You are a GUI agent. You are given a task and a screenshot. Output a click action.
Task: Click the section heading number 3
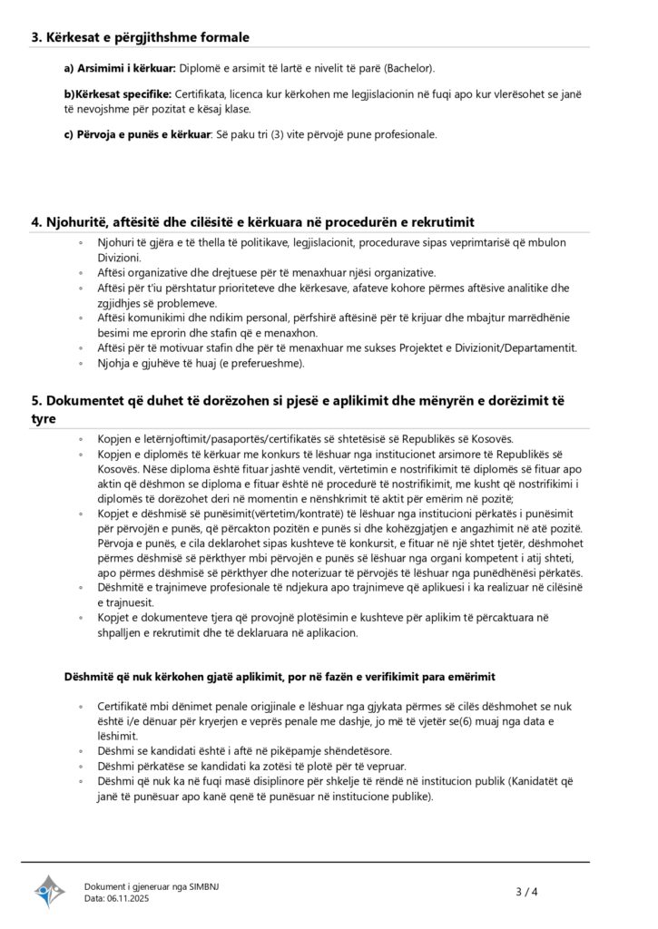(35, 37)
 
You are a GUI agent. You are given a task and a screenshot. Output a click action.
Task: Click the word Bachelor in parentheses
(408, 68)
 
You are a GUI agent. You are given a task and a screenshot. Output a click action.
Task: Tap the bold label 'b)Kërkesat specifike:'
(117, 94)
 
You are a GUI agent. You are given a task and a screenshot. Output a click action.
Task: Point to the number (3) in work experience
(275, 135)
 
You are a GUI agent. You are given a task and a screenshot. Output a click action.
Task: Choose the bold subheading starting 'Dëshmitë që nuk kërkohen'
(279, 678)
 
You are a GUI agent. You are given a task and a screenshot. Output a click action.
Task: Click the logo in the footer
(50, 892)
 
